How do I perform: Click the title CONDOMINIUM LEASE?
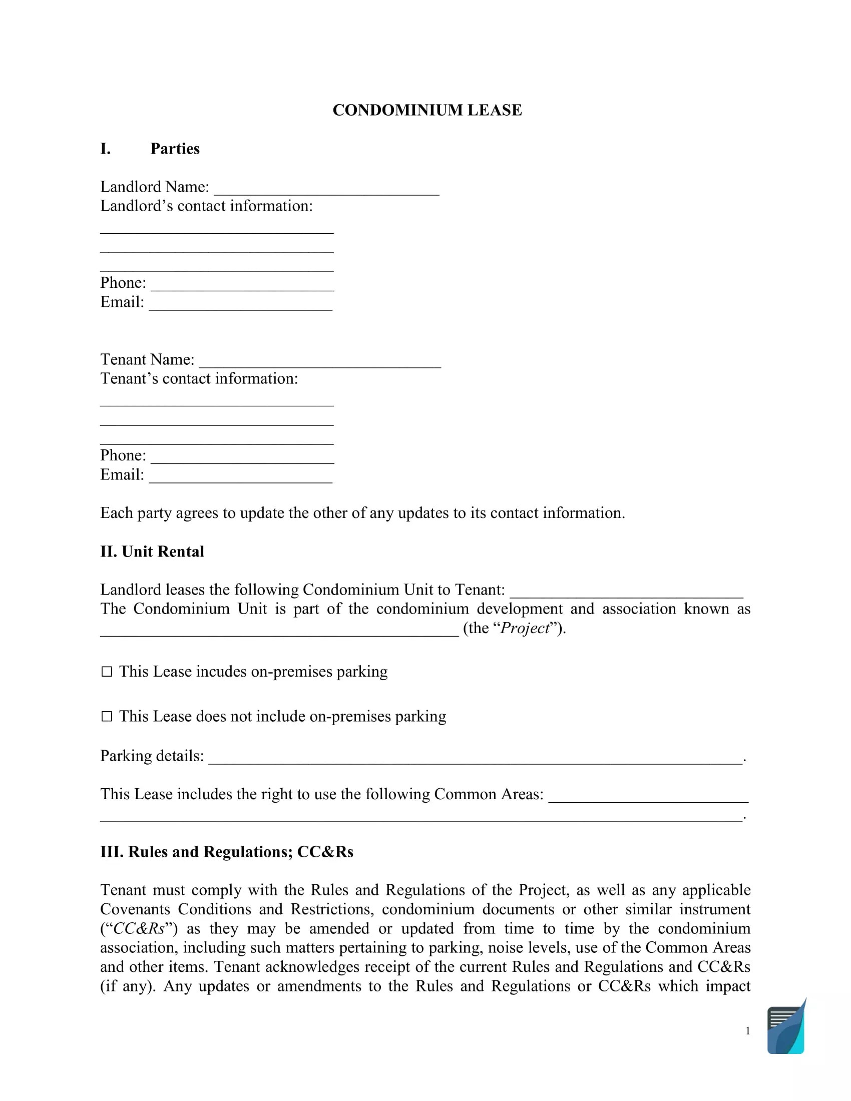pos(427,110)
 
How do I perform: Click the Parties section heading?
pos(174,149)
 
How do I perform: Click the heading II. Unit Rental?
pos(152,552)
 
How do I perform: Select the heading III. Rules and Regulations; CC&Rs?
pos(226,852)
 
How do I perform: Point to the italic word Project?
pos(524,628)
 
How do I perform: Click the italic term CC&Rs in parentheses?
pos(139,928)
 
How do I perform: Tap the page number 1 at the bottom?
pos(748,1031)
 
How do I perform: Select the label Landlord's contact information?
pos(206,206)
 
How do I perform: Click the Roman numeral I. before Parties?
pos(105,149)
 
